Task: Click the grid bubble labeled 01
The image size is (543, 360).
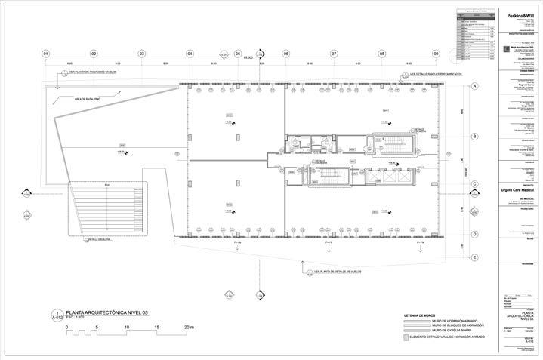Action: click(x=45, y=54)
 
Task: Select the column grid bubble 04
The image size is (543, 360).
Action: click(x=190, y=54)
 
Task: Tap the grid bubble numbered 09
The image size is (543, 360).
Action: click(x=436, y=54)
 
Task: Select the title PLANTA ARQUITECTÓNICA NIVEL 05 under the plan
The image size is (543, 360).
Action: click(x=105, y=312)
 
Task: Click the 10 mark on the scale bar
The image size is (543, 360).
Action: click(x=128, y=327)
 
